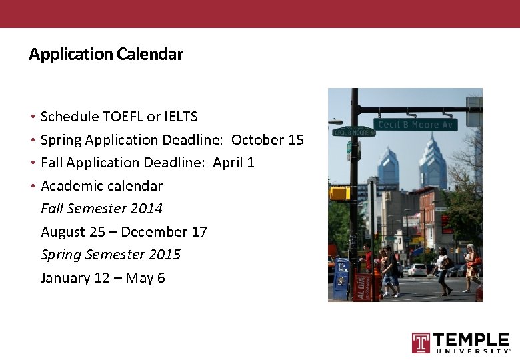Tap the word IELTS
(181, 117)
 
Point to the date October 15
(267, 140)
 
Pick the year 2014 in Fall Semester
(147, 209)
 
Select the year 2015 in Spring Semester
(165, 255)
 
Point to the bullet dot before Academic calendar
(33, 186)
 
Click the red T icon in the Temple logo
(421, 343)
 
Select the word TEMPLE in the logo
(471, 340)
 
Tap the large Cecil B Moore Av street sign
(416, 125)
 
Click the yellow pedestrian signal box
(339, 193)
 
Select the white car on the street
(417, 270)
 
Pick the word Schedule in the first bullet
(69, 117)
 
